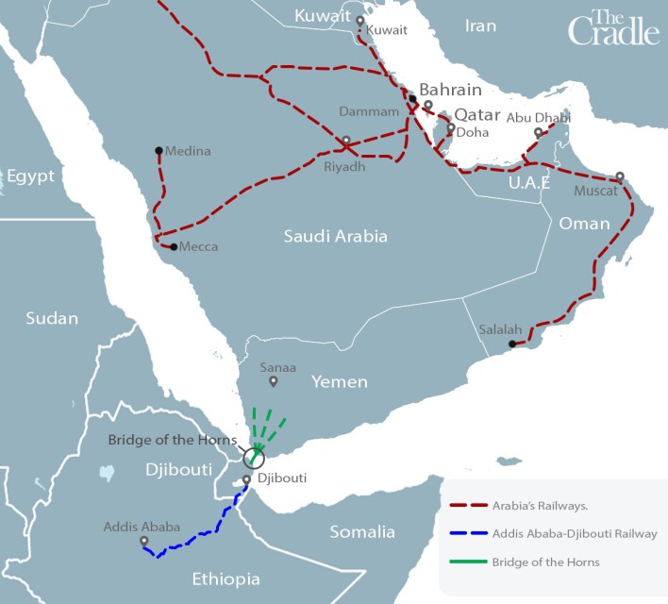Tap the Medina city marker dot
click(159, 150)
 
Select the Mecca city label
click(198, 247)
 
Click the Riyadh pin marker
click(346, 143)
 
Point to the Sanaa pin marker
click(274, 382)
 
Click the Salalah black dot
click(511, 344)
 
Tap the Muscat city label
click(594, 191)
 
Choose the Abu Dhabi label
click(538, 118)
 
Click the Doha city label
click(472, 133)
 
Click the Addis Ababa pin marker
click(143, 543)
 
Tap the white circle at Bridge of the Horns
click(254, 459)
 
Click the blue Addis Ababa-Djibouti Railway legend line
click(466, 534)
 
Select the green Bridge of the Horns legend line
click(466, 562)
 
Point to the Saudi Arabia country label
click(335, 237)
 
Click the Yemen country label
click(341, 382)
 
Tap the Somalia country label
click(362, 532)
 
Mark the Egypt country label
click(30, 176)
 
